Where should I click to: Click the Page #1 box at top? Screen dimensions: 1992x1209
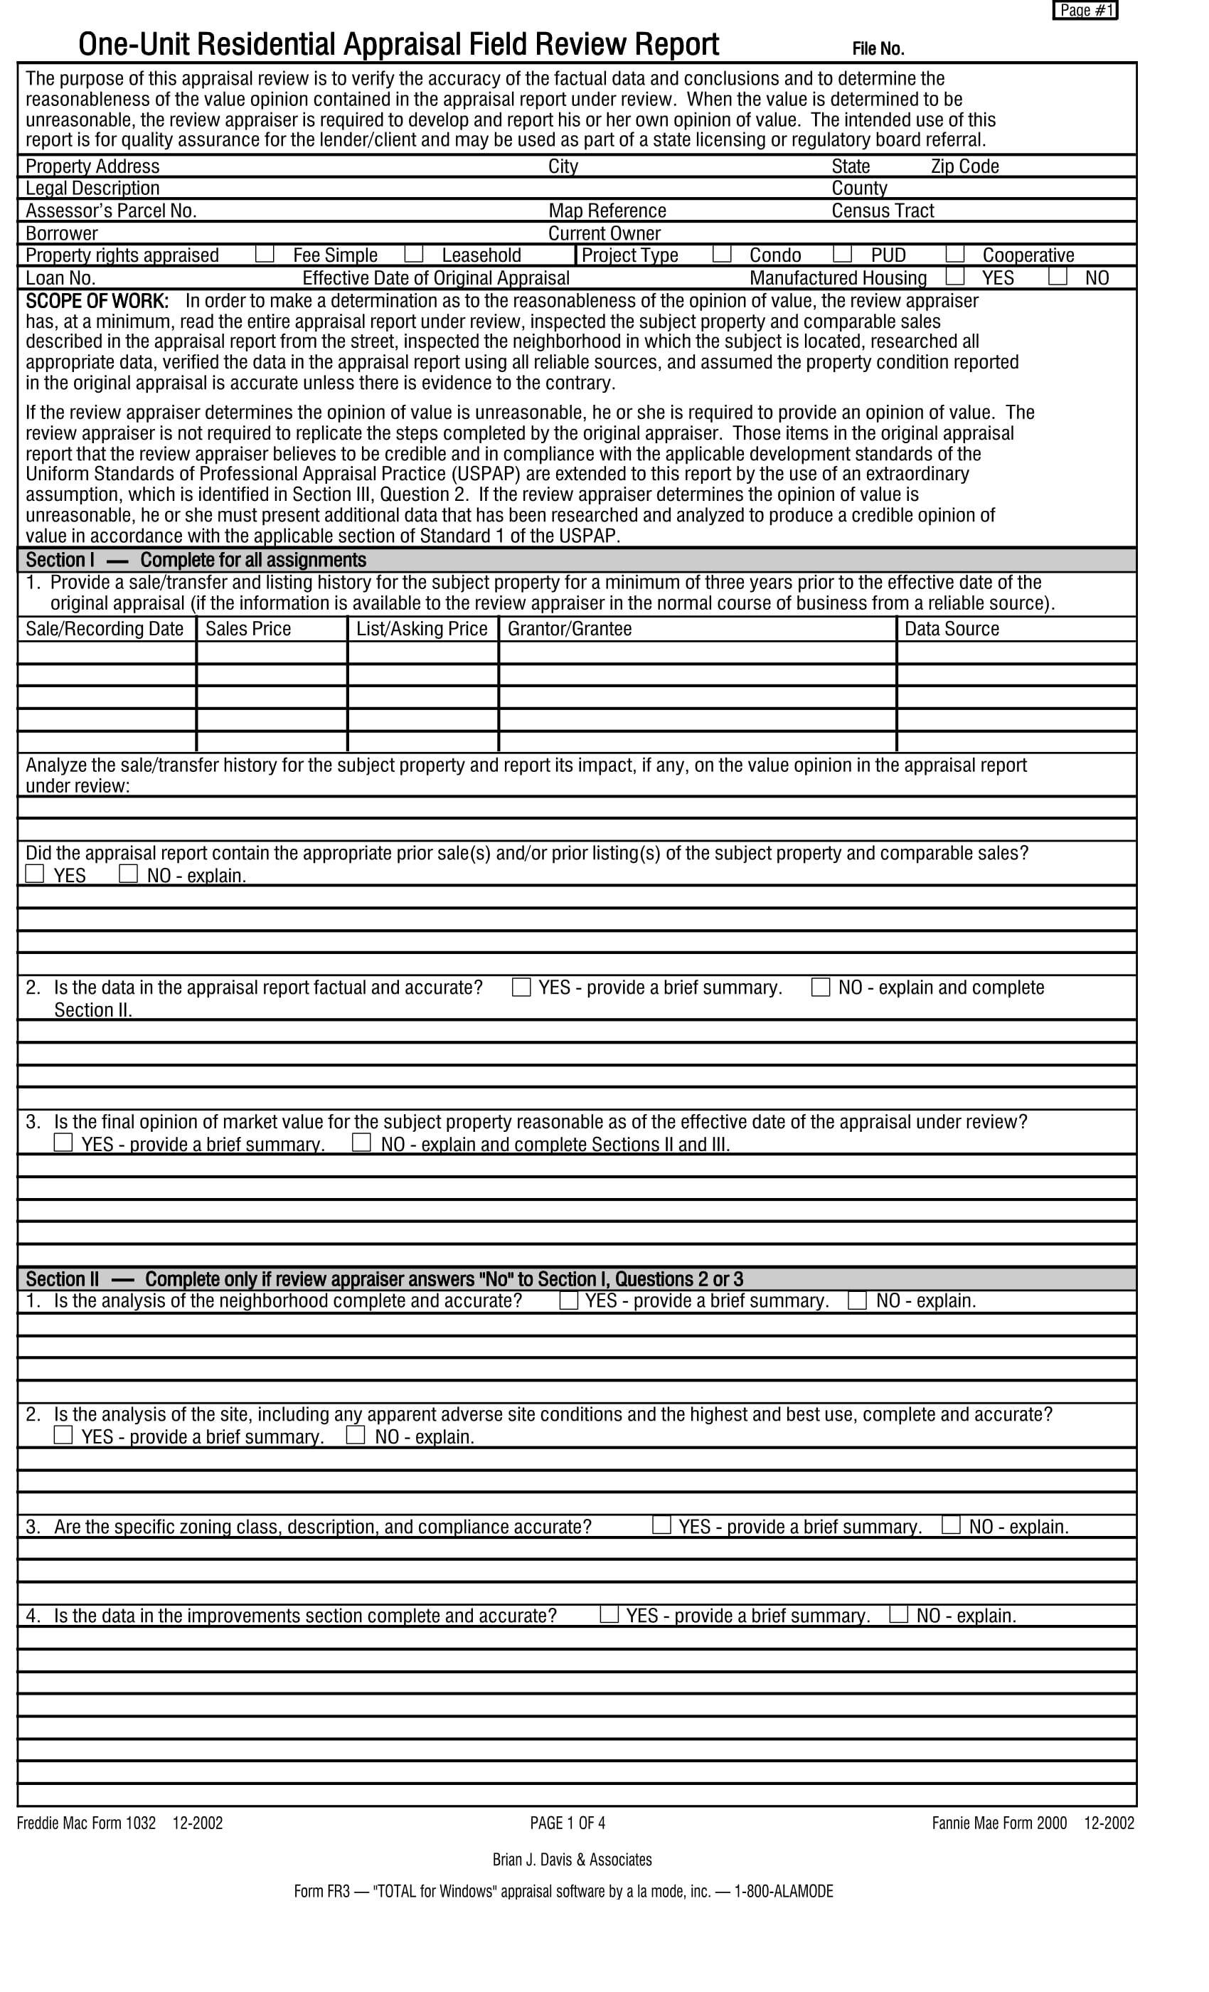coord(1084,11)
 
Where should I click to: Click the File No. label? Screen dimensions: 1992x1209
coord(878,49)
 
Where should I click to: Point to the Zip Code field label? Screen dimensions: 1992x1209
coord(964,166)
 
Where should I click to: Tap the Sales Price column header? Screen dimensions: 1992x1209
coord(247,629)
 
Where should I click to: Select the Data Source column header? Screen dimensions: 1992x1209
coord(952,629)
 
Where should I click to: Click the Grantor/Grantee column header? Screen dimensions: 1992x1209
coord(569,629)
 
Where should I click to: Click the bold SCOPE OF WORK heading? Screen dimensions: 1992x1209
coord(97,302)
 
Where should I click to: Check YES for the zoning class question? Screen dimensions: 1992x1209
coord(661,1525)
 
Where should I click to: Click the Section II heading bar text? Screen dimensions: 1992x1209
coord(384,1279)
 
